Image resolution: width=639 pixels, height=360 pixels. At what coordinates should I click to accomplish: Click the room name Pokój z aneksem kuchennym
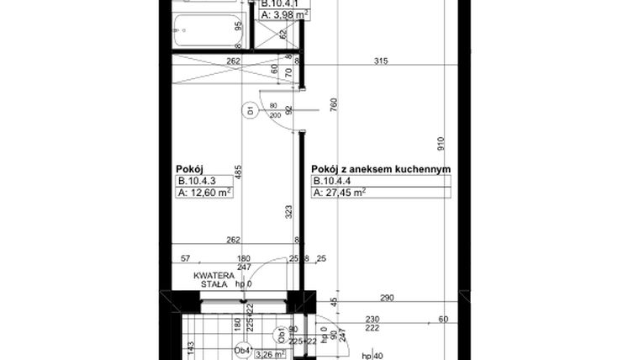point(381,169)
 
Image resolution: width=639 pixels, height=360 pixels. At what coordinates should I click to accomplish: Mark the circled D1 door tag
point(250,109)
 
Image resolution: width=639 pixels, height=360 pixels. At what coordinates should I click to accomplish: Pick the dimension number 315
point(382,61)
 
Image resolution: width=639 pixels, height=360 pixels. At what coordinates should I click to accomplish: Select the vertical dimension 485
point(238,172)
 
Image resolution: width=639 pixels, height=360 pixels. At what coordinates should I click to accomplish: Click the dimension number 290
point(387,299)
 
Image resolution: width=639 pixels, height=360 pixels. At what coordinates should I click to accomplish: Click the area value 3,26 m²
point(270,355)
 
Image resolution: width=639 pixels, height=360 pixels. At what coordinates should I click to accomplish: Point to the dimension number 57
point(185,258)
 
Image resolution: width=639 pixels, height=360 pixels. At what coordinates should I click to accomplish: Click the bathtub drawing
point(207,34)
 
